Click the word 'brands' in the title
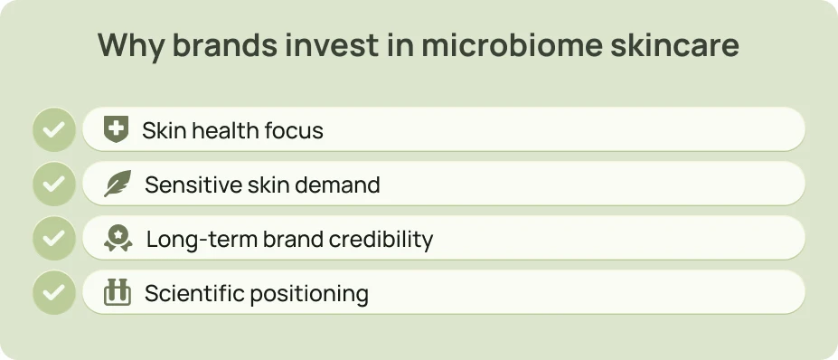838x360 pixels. click(222, 45)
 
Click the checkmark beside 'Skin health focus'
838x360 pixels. click(53, 129)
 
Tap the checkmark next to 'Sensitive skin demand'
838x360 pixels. click(53, 185)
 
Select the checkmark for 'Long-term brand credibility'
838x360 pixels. click(53, 239)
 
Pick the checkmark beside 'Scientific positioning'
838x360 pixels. click(53, 293)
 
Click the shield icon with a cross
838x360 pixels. click(116, 129)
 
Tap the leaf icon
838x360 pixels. click(117, 185)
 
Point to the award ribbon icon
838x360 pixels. click(117, 239)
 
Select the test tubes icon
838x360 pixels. click(117, 293)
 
